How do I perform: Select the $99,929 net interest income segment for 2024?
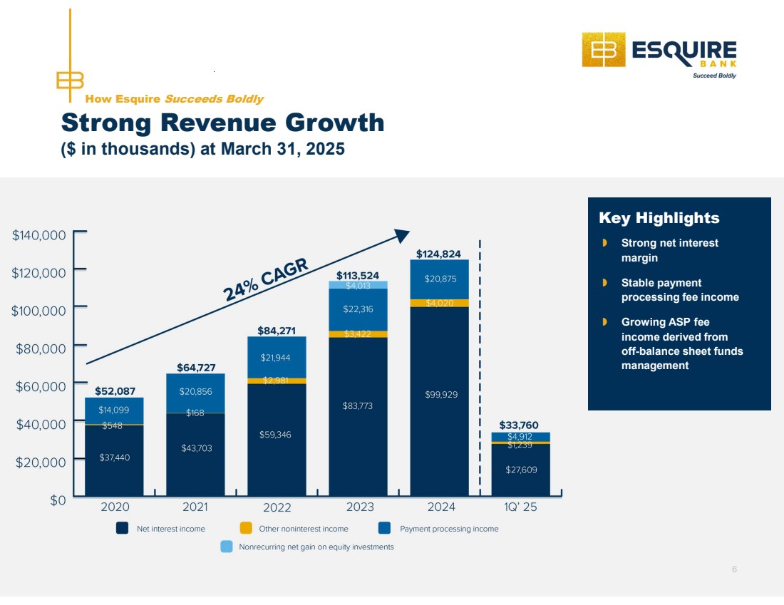tap(440, 394)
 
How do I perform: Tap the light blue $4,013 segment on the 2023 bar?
tap(358, 285)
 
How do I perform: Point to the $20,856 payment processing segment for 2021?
tap(195, 391)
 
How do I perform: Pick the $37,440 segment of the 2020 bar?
tap(114, 457)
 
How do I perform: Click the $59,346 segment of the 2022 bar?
tap(277, 434)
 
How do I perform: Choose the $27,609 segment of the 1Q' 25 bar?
tap(520, 470)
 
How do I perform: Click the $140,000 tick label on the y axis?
tap(39, 234)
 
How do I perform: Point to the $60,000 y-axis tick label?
tap(41, 386)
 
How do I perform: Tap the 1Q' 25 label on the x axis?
tap(521, 507)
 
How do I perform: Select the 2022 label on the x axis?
tap(277, 508)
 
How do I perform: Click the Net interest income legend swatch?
tap(123, 529)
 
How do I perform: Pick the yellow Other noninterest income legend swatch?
tap(246, 529)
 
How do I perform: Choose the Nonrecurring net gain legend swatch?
tap(226, 547)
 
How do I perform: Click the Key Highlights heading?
tap(659, 218)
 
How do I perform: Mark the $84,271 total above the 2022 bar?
tap(277, 331)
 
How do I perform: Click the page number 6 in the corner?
tap(734, 569)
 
